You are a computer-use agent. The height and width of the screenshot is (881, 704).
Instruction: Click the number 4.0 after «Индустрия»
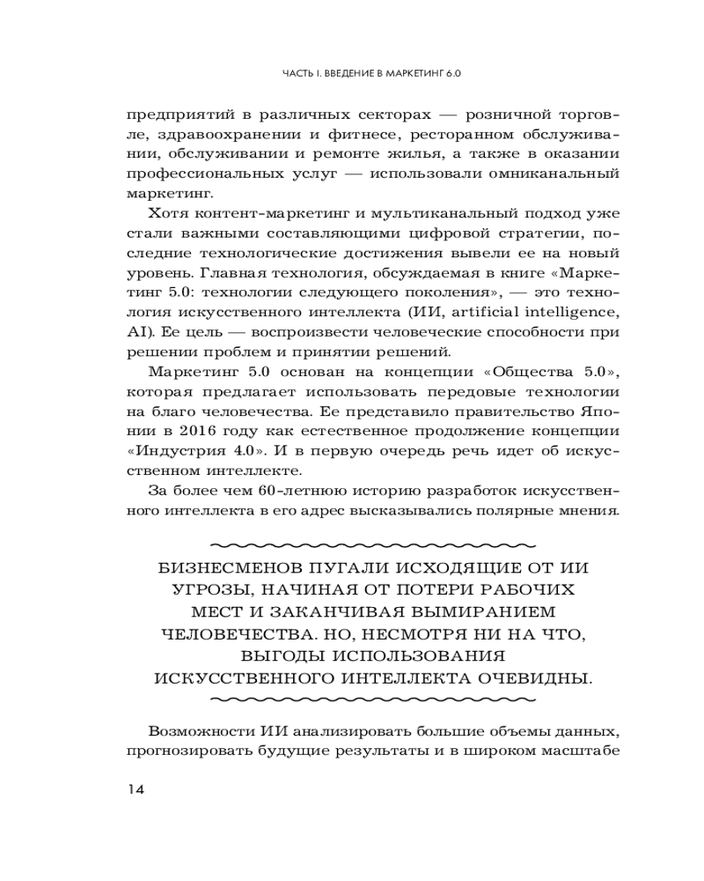237,450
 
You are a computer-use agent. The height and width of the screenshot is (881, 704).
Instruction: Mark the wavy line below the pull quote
375,700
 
